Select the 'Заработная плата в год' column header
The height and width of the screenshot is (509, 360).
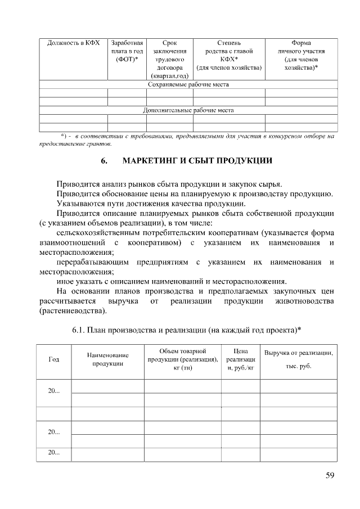127,51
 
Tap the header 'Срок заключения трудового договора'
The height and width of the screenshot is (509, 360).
169,59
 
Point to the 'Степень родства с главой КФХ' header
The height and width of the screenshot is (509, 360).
229,55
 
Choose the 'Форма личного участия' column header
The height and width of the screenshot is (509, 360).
301,55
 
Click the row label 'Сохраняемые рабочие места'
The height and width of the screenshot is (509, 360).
188,84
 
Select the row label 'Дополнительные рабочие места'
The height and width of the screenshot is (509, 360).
188,110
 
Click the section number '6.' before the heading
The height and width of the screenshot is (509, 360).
105,161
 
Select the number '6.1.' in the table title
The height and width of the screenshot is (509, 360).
80,329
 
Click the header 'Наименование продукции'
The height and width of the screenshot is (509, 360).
107,359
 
